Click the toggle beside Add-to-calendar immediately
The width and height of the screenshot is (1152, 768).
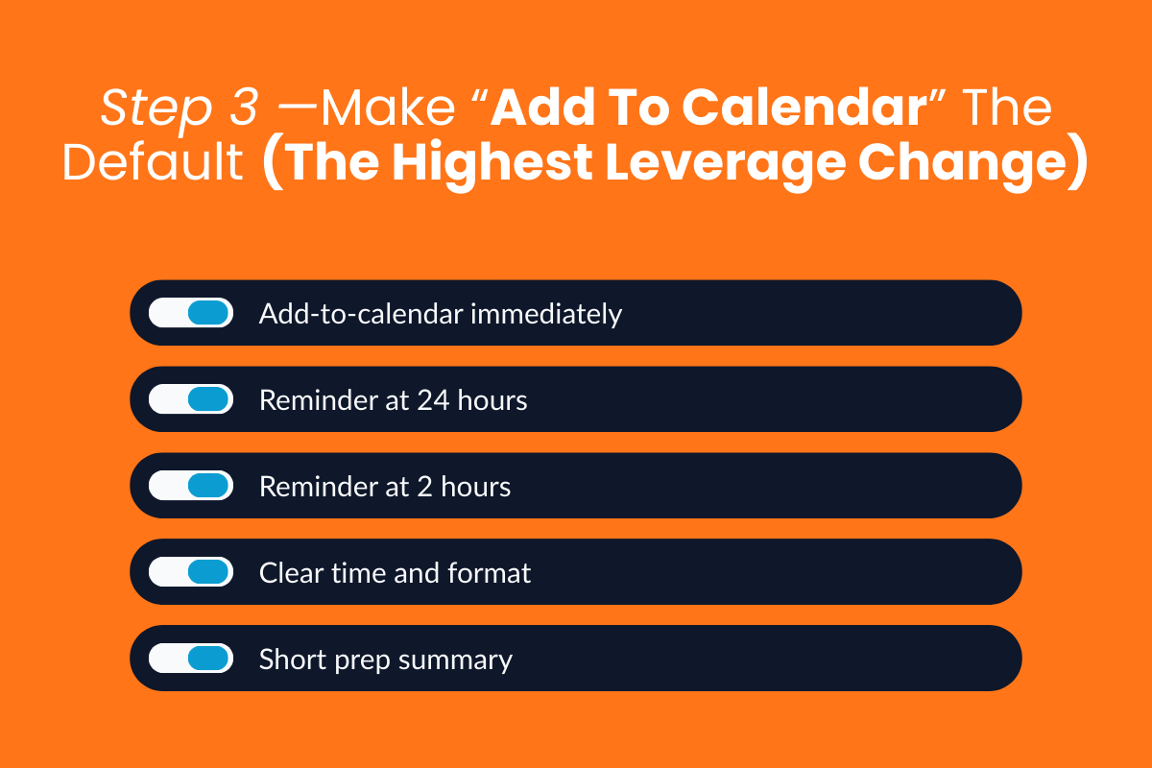(191, 313)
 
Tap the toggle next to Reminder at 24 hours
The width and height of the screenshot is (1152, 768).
(191, 399)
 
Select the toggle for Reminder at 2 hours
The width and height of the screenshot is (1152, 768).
(191, 486)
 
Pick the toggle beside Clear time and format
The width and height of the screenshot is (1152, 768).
(191, 572)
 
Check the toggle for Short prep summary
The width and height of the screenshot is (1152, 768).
(191, 659)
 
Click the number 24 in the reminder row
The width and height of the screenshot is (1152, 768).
(432, 399)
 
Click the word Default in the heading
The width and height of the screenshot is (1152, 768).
(153, 163)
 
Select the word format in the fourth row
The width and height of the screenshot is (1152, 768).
(490, 573)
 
